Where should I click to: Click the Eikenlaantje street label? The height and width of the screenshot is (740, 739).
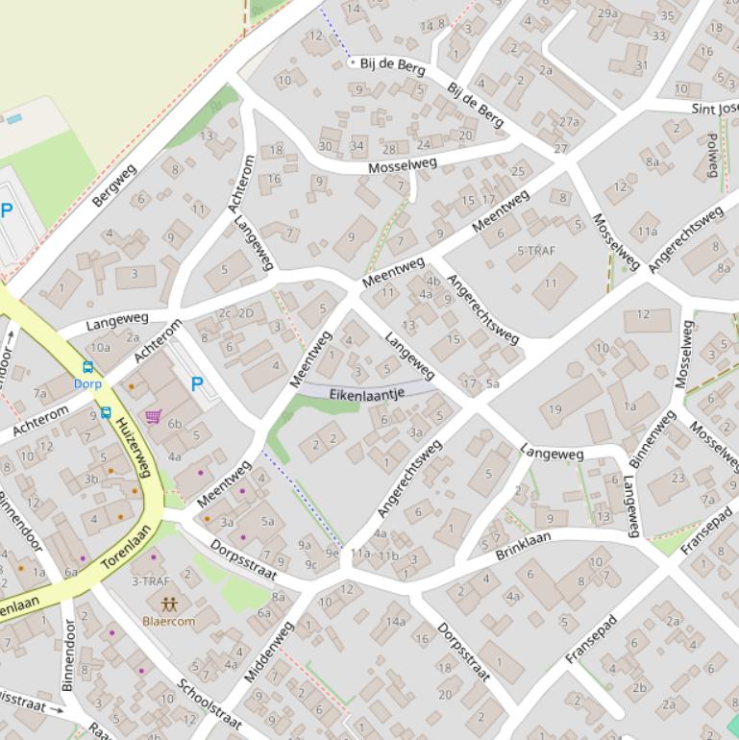point(366,394)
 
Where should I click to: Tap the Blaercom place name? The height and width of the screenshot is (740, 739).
point(169,622)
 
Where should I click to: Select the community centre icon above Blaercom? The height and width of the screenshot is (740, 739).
point(169,604)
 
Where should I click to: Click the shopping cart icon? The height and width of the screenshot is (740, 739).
point(153,416)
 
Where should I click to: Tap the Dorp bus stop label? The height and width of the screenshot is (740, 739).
point(87,383)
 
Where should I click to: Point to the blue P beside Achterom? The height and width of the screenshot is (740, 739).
point(197,384)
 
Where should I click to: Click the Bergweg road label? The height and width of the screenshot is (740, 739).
point(114,185)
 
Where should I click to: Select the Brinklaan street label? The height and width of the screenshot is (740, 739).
point(524,545)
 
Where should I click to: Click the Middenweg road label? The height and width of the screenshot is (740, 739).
point(268,652)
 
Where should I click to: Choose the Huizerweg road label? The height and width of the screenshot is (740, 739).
point(134,447)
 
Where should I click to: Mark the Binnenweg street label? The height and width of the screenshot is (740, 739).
point(653,439)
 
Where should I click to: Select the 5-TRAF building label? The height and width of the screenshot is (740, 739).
point(537,251)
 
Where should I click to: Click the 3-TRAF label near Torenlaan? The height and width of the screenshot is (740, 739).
point(151,581)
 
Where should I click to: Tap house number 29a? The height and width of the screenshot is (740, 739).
point(607,13)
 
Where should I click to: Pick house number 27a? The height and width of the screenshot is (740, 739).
point(570,122)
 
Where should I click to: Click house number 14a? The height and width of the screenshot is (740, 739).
point(396,622)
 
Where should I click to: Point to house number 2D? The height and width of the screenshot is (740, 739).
point(246,313)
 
